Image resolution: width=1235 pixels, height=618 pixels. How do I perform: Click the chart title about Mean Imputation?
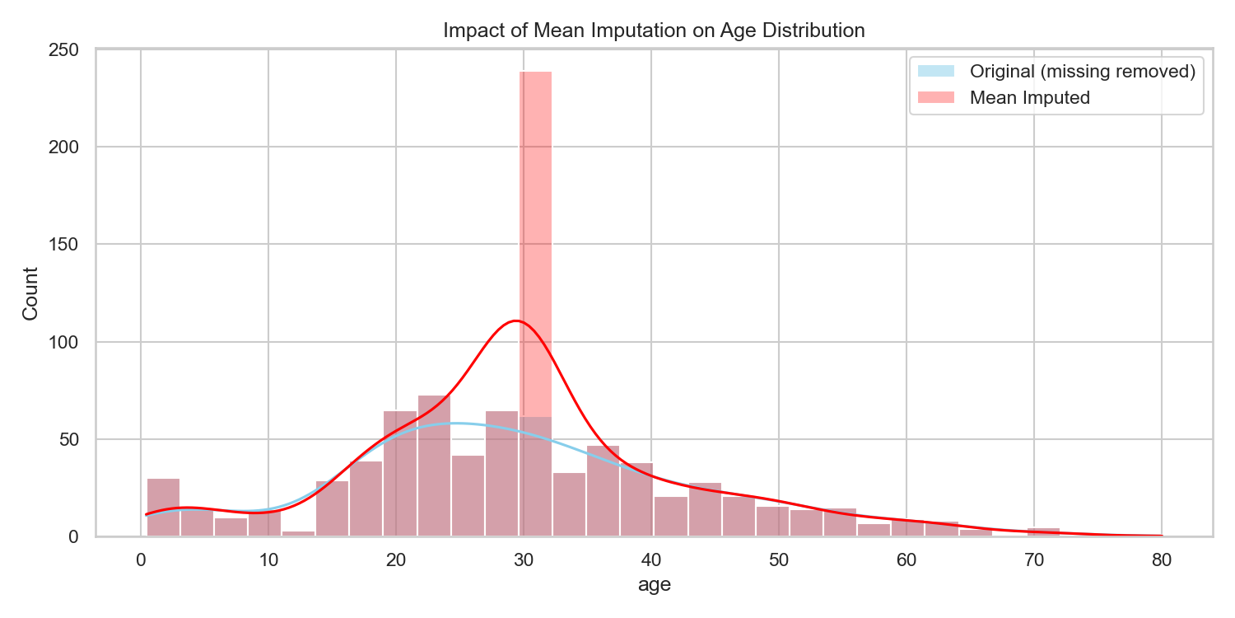(x=654, y=31)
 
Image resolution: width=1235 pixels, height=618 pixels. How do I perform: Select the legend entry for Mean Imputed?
(x=1029, y=98)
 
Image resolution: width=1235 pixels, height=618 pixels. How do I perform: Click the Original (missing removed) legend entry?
(x=1082, y=72)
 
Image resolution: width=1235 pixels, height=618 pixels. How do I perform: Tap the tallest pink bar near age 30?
(x=535, y=247)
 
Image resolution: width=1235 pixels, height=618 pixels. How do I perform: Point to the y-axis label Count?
(x=30, y=293)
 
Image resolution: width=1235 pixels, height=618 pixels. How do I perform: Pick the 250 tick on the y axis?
(x=68, y=50)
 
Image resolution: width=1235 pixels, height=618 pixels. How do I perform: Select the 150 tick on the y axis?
(x=68, y=245)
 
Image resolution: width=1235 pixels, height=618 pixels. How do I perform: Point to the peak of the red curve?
(x=516, y=321)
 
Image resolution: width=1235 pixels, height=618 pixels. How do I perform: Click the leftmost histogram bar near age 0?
(x=163, y=507)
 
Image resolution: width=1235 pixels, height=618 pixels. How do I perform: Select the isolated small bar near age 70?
(x=1043, y=532)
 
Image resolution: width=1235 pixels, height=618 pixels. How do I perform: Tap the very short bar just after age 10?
(x=298, y=534)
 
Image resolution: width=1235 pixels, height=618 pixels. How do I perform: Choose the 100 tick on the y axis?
(x=68, y=342)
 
